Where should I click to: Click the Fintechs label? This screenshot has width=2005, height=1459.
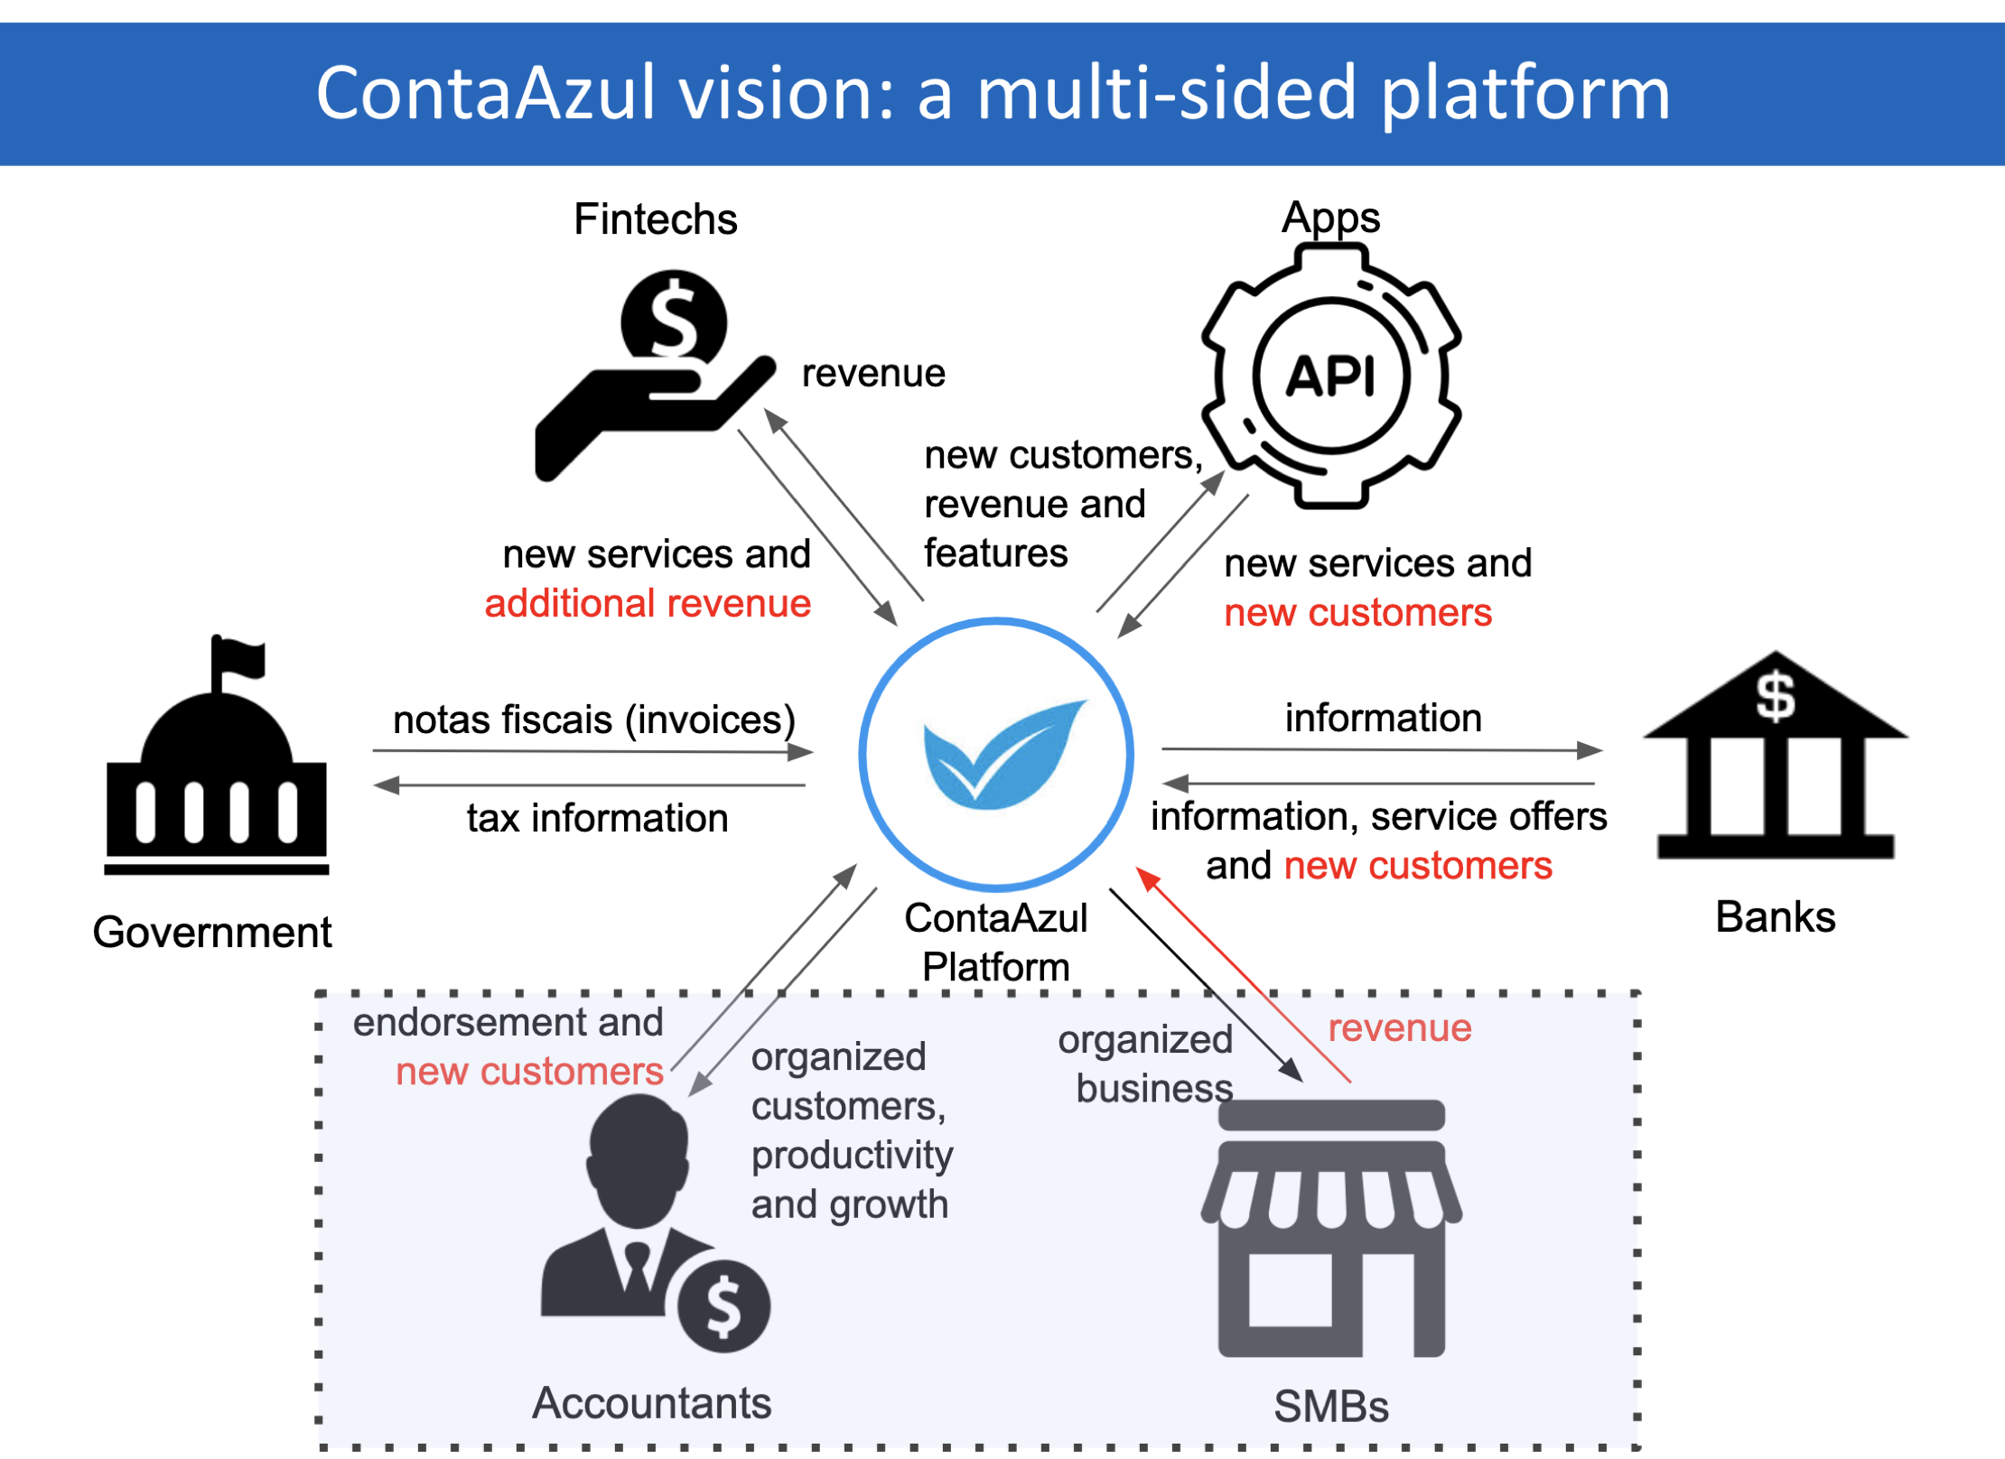tap(655, 219)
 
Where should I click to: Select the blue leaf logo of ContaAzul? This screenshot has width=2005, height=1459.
tap(1002, 754)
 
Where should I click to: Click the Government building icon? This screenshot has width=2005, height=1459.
tap(217, 776)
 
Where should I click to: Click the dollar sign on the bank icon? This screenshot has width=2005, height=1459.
tap(1775, 696)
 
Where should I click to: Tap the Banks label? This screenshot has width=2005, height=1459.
tap(1775, 917)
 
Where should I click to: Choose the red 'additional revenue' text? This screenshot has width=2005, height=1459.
tap(648, 603)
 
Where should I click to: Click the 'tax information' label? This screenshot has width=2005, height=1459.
tap(597, 818)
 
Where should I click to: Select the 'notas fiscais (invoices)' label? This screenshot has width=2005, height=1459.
tap(594, 720)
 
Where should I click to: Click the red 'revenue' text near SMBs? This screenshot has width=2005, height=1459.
tap(1399, 1027)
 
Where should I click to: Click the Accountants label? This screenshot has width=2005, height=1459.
tap(651, 1403)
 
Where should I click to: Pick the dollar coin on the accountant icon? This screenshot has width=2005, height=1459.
tap(723, 1306)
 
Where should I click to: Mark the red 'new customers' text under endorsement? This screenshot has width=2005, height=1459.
tap(529, 1072)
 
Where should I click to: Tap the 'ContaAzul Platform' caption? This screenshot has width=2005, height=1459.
tap(995, 943)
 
